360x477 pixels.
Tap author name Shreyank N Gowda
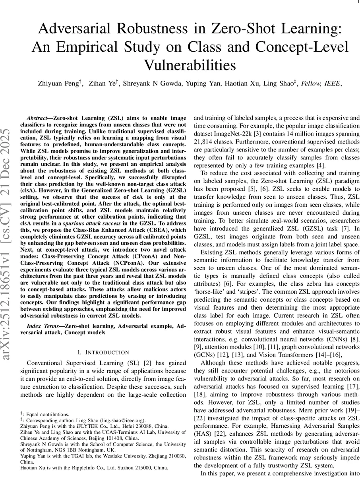coord(147,83)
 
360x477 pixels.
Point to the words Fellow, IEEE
coord(321,83)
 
